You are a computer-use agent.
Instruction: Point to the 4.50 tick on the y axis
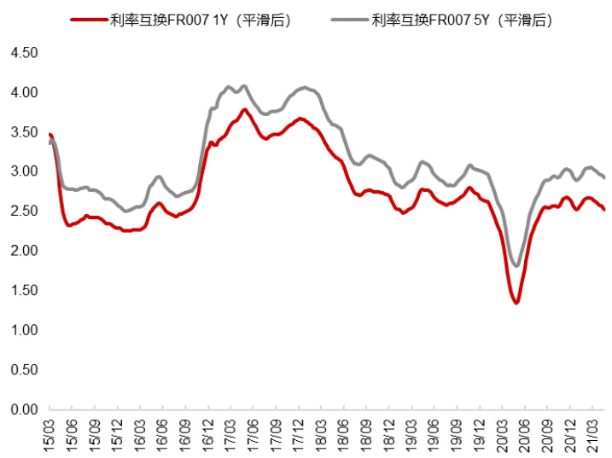click(x=23, y=53)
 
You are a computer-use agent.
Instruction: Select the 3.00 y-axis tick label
click(x=23, y=171)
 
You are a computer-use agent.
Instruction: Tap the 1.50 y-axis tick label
click(x=23, y=291)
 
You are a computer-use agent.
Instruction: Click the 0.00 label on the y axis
click(x=23, y=409)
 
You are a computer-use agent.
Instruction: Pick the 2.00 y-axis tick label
click(x=23, y=251)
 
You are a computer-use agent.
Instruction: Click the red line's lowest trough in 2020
click(x=516, y=303)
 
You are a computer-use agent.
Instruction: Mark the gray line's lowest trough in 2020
click(x=516, y=266)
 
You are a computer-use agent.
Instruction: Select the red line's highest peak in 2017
click(x=244, y=109)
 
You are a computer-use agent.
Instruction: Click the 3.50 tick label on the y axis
click(x=23, y=132)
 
